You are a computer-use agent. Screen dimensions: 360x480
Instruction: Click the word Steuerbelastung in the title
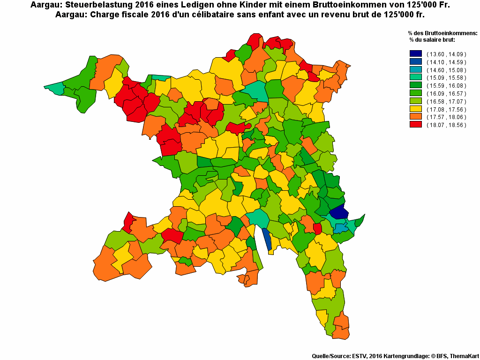point(93,5)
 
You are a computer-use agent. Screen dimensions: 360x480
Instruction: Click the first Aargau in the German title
point(46,5)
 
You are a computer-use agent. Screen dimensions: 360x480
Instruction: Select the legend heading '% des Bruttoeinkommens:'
point(442,33)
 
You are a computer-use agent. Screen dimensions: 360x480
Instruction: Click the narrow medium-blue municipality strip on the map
point(267,240)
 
